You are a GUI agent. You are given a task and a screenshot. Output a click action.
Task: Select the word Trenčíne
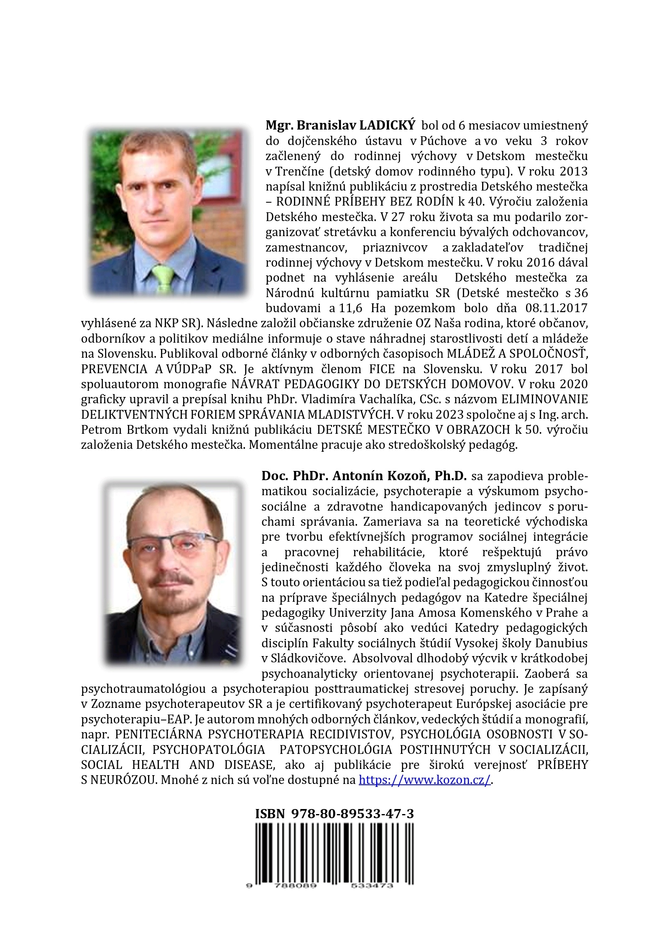tap(299, 171)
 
